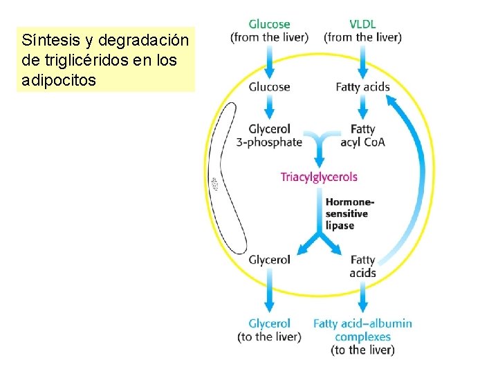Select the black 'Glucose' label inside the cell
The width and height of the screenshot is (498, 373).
pyautogui.click(x=269, y=87)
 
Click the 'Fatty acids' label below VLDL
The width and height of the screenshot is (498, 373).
pyautogui.click(x=362, y=87)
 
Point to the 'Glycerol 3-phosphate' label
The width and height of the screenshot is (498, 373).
pyautogui.click(x=269, y=135)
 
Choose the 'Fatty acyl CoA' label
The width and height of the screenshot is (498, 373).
pyautogui.click(x=362, y=135)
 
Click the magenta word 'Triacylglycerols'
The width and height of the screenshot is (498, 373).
pyautogui.click(x=319, y=177)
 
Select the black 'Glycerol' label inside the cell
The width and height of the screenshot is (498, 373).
pyautogui.click(x=269, y=260)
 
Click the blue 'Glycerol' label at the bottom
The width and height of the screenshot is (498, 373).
pyautogui.click(x=269, y=323)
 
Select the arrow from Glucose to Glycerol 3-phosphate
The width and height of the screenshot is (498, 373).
pyautogui.click(x=269, y=106)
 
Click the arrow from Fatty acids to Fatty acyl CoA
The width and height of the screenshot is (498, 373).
pyautogui.click(x=362, y=106)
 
